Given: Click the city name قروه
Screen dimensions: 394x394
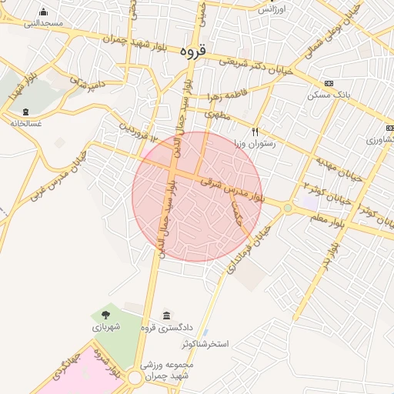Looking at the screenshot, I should coord(192,51).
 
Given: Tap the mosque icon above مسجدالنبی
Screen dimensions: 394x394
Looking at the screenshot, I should coord(43,11).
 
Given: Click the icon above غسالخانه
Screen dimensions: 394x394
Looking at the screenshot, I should coord(26,112).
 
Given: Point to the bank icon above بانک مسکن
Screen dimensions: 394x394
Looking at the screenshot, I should coord(329,83).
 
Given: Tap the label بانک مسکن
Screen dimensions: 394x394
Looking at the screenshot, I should coord(329,95).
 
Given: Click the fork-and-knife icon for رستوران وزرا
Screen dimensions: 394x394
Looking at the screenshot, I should coord(256,132).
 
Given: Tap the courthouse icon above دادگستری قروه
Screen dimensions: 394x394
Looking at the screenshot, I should coord(167,316).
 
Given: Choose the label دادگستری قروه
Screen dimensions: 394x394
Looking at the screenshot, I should coord(165,329).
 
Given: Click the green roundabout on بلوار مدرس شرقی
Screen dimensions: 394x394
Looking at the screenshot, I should coord(288,207).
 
